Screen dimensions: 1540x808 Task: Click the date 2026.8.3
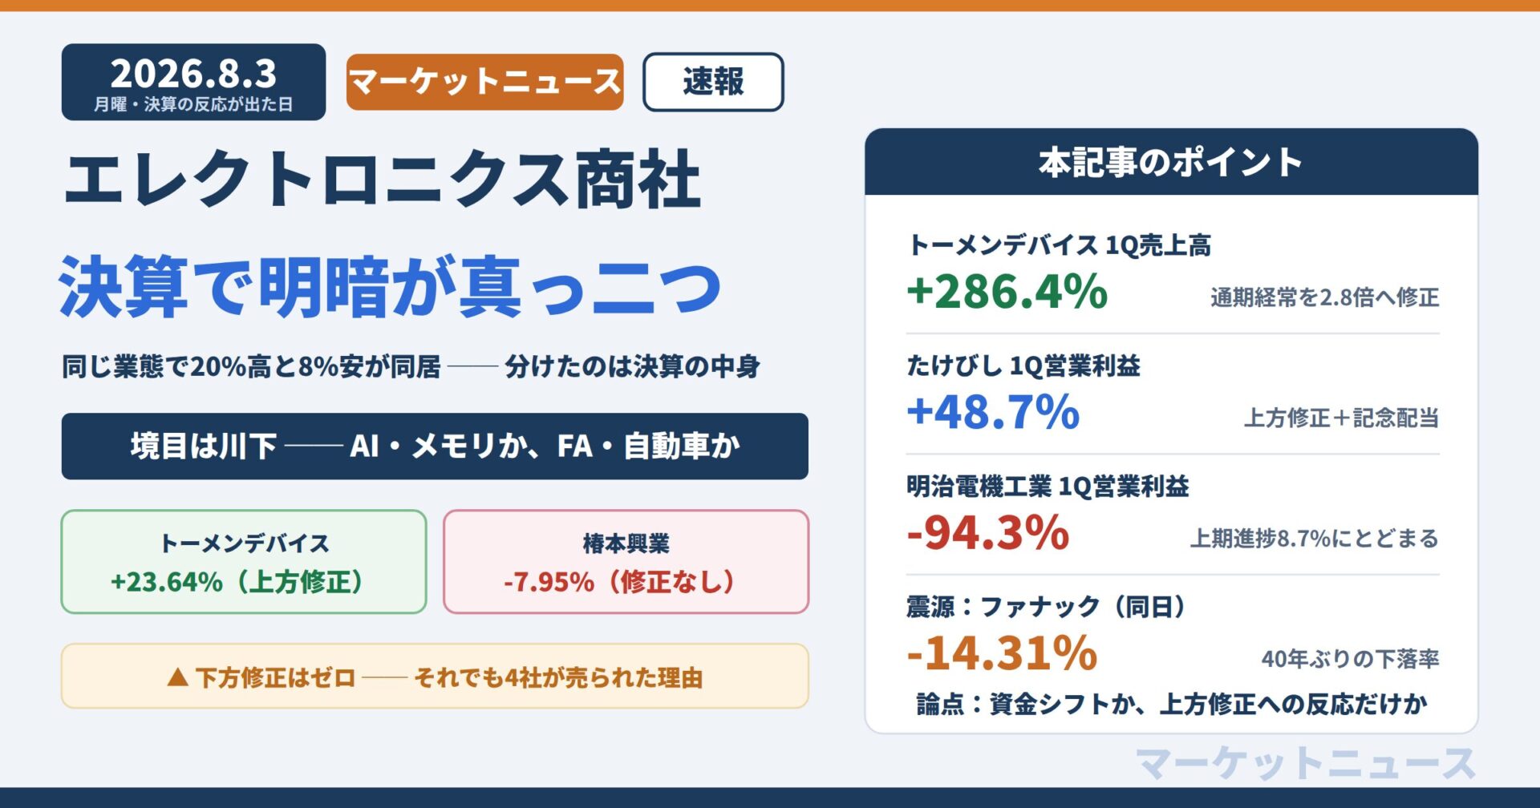[193, 74]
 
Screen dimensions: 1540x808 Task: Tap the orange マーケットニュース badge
[484, 82]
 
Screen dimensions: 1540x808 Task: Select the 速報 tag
[713, 82]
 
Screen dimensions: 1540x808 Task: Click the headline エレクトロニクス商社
[383, 180]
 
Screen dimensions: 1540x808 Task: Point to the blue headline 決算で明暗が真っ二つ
[391, 286]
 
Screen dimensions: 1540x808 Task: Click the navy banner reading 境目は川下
[435, 446]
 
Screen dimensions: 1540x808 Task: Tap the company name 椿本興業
[626, 543]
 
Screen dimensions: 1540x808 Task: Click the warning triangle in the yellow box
[177, 678]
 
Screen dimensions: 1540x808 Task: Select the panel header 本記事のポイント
[1171, 162]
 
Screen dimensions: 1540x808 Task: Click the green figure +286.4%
[1007, 291]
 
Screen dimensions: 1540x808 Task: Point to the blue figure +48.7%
[993, 411]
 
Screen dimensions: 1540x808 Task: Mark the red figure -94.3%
[988, 532]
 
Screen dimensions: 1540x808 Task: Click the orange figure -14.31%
[1002, 652]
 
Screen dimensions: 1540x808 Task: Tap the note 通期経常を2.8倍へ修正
[1325, 297]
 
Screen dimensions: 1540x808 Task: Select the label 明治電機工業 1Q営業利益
[1048, 486]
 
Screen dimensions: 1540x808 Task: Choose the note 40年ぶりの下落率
[1351, 659]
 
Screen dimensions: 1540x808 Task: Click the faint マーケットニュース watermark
[1306, 762]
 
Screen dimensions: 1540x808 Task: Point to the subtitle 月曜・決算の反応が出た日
[193, 104]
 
